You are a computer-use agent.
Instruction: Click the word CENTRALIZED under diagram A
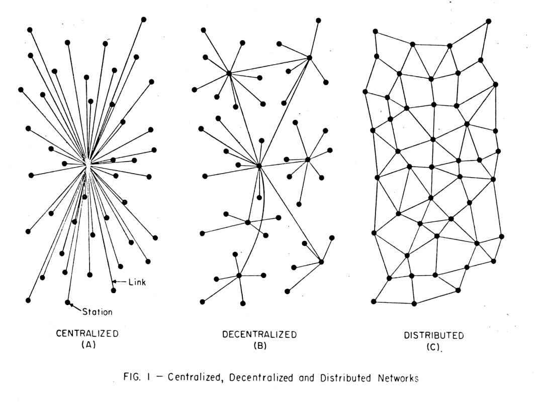87,334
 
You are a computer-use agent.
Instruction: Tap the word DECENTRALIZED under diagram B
259,334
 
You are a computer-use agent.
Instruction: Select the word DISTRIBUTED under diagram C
433,335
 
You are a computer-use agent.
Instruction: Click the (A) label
88,345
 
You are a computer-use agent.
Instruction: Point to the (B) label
260,346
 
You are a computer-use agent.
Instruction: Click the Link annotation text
137,282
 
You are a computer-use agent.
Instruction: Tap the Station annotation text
98,312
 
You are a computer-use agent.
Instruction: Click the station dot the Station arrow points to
67,302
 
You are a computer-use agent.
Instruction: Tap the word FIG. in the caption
132,377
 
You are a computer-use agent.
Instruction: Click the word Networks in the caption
398,378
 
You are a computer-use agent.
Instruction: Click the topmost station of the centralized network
143,20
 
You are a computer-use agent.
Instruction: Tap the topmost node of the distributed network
489,21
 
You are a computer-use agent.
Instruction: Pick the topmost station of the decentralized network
318,21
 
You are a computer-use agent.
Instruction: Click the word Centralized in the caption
195,377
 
